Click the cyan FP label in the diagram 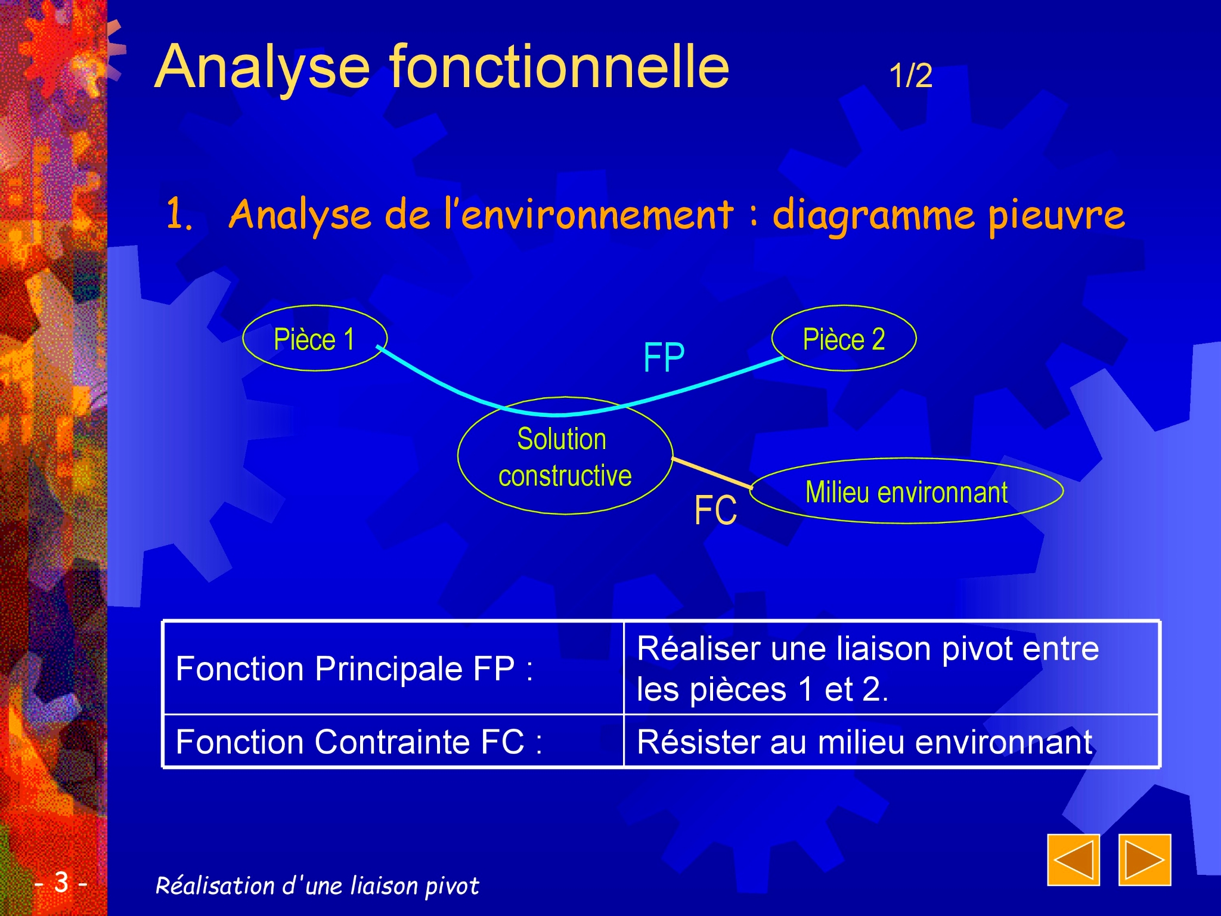(x=664, y=357)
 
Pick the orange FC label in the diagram (x=715, y=510)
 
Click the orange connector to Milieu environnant (x=712, y=473)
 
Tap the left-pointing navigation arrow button (x=1073, y=860)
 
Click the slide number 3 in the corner (x=61, y=881)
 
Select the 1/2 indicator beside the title (x=910, y=76)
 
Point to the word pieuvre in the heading (x=1056, y=215)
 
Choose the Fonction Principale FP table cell (x=393, y=668)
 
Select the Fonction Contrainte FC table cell (x=393, y=741)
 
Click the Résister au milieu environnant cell (x=891, y=741)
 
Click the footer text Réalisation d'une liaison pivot (x=317, y=886)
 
